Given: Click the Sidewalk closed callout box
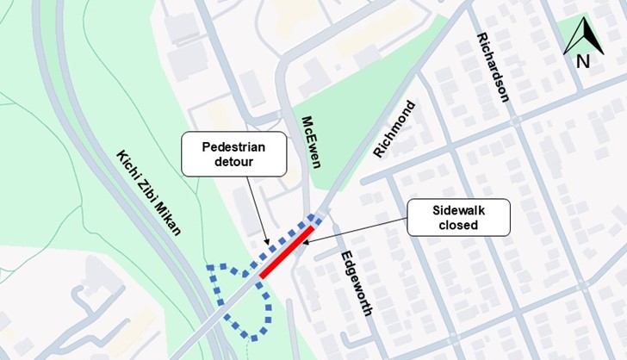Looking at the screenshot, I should click(458, 217).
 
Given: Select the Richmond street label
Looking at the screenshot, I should click(394, 129).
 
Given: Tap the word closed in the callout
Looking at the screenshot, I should click(459, 226).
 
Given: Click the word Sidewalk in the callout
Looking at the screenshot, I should click(459, 208).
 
